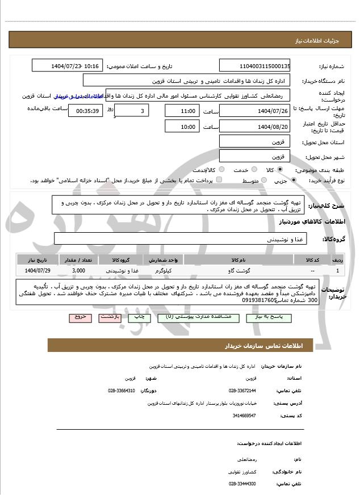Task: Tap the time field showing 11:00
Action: point(182,110)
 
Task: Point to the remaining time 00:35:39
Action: point(85,111)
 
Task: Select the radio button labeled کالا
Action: point(281,170)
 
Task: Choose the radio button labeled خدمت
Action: point(253,170)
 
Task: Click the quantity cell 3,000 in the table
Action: point(79,271)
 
